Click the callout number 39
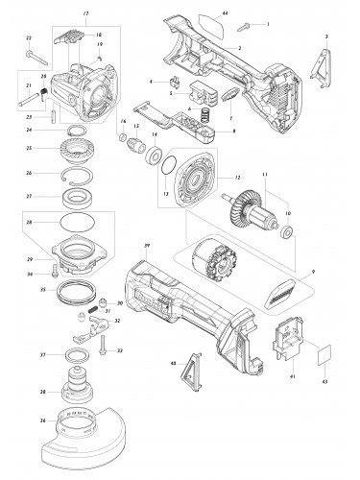click(x=147, y=247)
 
